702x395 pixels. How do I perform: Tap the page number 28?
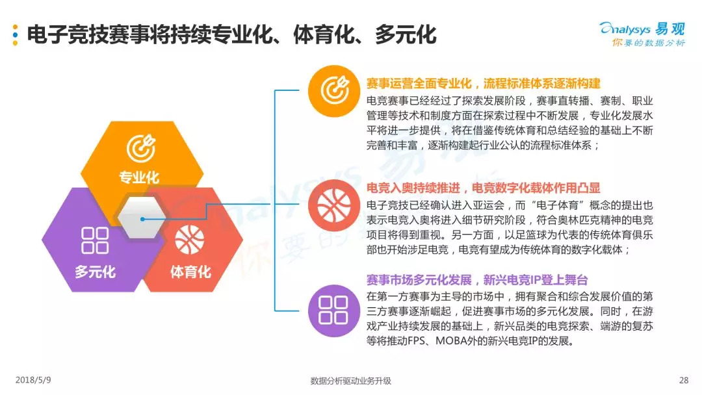click(682, 380)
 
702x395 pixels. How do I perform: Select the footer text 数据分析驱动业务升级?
click(351, 381)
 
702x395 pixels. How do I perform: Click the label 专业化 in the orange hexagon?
click(139, 177)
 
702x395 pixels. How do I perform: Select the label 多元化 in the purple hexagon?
click(95, 271)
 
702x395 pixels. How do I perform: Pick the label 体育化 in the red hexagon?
click(190, 271)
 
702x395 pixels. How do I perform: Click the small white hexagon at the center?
click(142, 219)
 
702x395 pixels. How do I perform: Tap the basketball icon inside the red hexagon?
click(189, 240)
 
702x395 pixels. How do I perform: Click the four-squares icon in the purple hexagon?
click(95, 240)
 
